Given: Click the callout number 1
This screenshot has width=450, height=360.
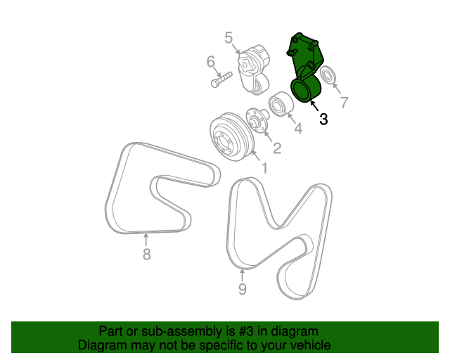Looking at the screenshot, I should pos(264,168).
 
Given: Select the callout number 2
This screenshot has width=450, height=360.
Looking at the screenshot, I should pos(277,148).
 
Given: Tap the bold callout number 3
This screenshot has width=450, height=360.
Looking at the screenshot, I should pos(323,120).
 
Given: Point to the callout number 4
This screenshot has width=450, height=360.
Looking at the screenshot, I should pos(298,129).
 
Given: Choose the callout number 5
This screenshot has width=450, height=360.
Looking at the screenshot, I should pos(229,37).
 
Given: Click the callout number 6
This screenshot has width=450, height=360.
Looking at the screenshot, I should pos(210,63).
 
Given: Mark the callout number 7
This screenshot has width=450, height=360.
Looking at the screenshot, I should pos(344,103).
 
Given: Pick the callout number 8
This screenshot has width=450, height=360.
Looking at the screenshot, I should pos(146,255).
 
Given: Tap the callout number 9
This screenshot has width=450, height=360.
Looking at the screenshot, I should pos(242,288).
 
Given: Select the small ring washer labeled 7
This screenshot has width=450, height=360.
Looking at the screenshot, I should pos(327,75).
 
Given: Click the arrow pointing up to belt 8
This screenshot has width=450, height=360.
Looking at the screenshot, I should pos(146,239).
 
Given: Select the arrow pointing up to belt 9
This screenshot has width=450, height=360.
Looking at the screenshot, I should pos(243,275).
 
